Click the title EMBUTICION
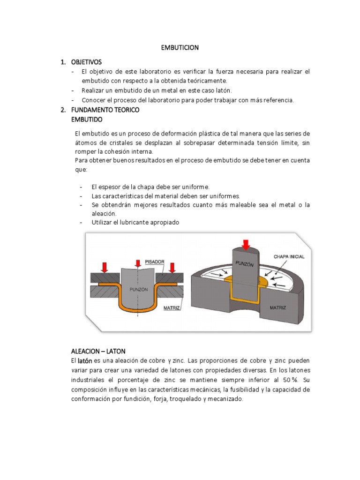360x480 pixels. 180,47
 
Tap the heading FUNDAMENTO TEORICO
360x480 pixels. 105,110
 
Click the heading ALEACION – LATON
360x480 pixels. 98,351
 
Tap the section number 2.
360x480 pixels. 63,110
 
